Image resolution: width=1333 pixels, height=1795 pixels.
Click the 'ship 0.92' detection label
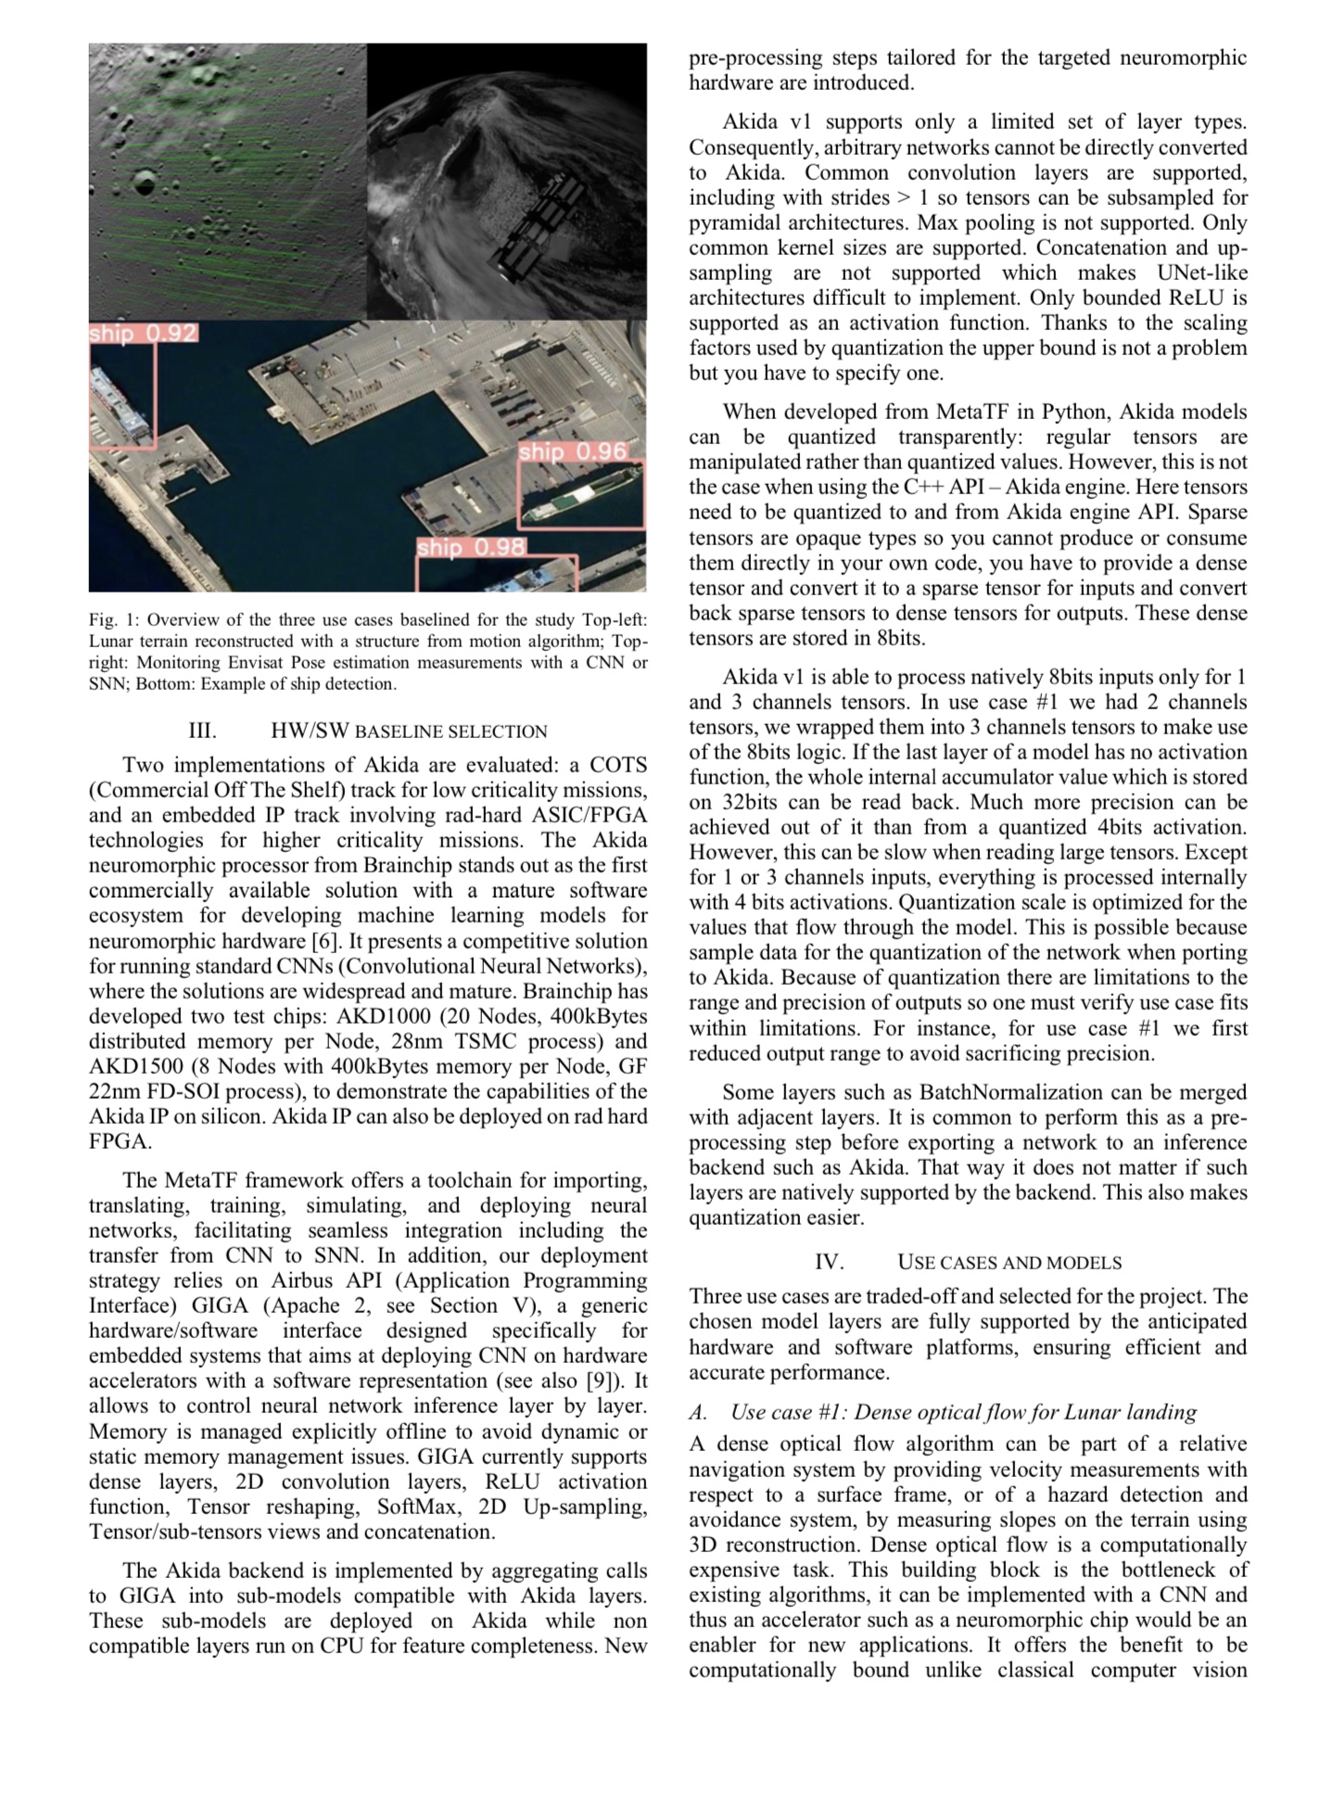pos(144,333)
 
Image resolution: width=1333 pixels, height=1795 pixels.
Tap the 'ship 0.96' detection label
pos(573,452)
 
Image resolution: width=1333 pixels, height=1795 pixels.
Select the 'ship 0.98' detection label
pos(471,547)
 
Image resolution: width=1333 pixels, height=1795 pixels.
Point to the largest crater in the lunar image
pos(144,183)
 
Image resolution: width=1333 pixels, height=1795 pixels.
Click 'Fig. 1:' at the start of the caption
pos(114,619)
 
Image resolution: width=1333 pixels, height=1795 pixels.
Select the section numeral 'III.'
pos(202,731)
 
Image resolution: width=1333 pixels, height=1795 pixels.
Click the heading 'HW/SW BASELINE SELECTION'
pos(409,731)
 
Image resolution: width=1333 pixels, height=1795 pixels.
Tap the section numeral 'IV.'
pos(829,1262)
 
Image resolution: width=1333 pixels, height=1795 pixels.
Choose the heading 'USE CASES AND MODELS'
pos(1009,1262)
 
